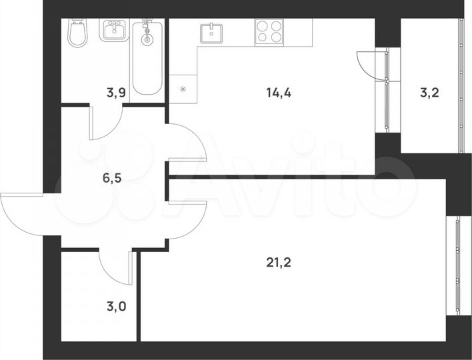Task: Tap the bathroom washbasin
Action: tap(114, 31)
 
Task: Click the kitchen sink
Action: tap(213, 31)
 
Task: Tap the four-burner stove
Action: tap(269, 31)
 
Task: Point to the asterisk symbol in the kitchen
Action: tap(182, 88)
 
